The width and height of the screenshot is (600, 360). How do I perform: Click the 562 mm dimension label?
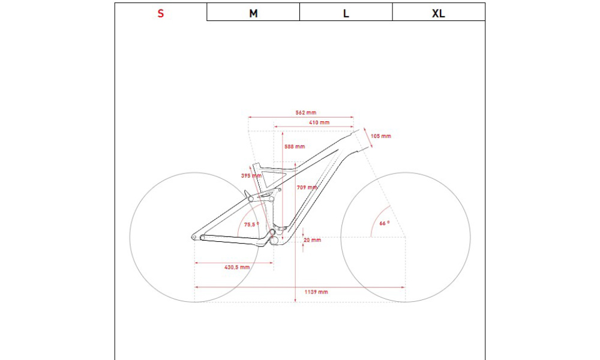(x=306, y=112)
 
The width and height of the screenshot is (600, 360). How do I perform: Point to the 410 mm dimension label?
(x=319, y=122)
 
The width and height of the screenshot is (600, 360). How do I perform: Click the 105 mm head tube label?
(x=381, y=136)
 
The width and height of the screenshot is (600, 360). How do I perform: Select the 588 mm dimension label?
(x=295, y=146)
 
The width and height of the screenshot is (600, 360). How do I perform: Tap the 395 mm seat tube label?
(x=251, y=176)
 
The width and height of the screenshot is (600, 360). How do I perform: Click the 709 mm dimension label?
(x=307, y=187)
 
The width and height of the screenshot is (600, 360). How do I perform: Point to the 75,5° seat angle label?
(x=251, y=224)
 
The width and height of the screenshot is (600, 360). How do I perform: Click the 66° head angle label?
(x=384, y=223)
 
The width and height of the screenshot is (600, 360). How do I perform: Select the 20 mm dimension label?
(x=312, y=240)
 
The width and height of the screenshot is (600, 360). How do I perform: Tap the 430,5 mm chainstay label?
(x=237, y=267)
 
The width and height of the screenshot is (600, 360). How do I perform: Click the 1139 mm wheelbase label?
(x=316, y=292)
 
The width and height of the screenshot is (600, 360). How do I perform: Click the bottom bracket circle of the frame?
(x=274, y=241)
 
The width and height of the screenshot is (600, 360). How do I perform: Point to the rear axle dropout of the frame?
(x=194, y=237)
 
